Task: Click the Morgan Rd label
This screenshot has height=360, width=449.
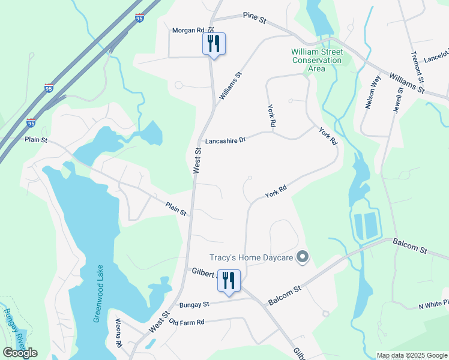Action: (188, 30)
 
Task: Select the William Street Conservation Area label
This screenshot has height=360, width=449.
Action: (316, 60)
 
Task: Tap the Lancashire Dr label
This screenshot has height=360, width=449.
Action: (226, 141)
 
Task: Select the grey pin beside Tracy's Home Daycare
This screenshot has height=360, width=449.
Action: (303, 258)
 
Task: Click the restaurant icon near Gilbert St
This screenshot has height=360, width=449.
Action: (229, 280)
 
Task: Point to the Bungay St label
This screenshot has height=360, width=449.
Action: (194, 305)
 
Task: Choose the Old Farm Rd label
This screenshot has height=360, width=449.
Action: (187, 322)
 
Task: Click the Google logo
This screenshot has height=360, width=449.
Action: (20, 353)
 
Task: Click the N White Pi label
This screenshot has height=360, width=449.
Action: (433, 307)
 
